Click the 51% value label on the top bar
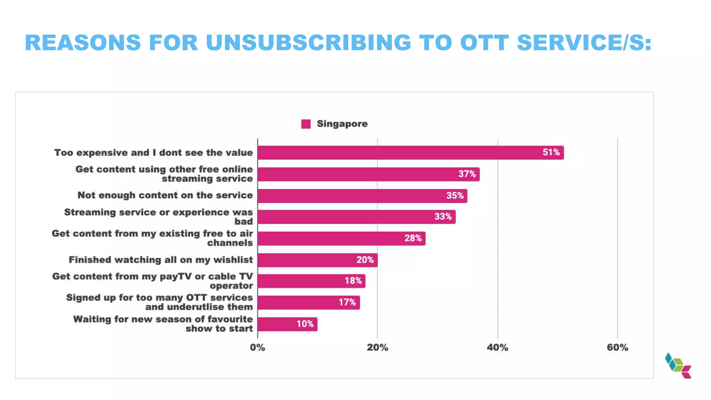pos(551,152)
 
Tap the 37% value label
pos(467,174)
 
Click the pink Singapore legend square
pos(306,124)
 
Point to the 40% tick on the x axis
pos(497,348)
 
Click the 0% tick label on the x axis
pos(257,348)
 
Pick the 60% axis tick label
pos(617,348)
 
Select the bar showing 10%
pos(287,324)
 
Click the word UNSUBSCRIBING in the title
pos(308,43)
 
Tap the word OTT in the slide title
pos(484,43)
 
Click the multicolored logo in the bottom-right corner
pos(678,366)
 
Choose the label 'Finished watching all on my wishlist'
pos(161,260)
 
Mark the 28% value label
pos(413,238)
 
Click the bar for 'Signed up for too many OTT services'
pos(308,302)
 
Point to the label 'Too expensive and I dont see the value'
pos(153,153)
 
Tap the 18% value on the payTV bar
pos(353,281)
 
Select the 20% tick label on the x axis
pos(377,348)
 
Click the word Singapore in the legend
pos(342,124)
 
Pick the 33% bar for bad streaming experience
pos(356,217)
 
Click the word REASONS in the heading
pos(83,43)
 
